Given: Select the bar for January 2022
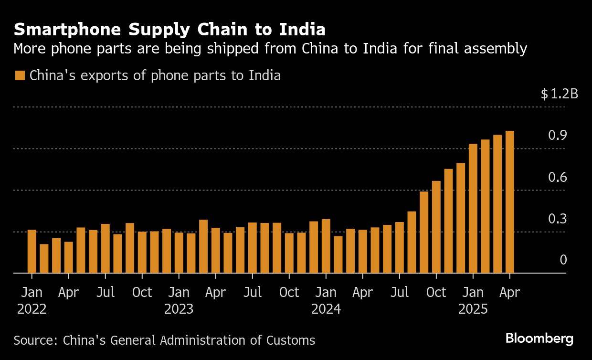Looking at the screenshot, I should (32, 252).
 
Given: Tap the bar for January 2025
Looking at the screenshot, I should (473, 209).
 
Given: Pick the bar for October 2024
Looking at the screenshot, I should (436, 227).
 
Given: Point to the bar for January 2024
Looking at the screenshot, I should (326, 246).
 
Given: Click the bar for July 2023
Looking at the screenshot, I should (252, 248).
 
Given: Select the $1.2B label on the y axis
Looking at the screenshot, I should (559, 94).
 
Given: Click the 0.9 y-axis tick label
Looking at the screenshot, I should (557, 136).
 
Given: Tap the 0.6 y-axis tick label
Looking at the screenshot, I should (557, 178).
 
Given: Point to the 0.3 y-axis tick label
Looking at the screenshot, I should (557, 219).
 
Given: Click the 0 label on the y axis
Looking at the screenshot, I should (563, 260).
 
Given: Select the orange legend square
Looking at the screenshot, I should (20, 75).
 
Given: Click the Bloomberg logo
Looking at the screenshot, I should (539, 339).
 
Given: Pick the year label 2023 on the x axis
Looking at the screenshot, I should (179, 309).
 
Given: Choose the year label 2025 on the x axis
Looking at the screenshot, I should (473, 309).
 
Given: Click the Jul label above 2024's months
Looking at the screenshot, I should (399, 292).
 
